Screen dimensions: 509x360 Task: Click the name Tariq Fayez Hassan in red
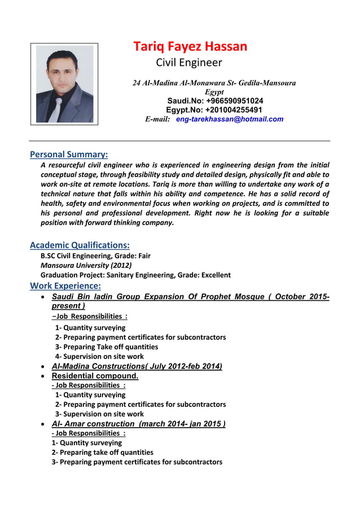coord(190,46)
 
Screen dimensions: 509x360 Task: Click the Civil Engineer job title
coord(189,63)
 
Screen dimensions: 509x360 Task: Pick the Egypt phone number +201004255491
coord(214,109)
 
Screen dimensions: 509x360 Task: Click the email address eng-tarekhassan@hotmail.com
coord(230,119)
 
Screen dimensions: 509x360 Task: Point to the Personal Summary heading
coord(69,154)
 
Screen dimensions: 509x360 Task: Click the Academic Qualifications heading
coord(80,245)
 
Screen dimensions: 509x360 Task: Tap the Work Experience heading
coord(65,286)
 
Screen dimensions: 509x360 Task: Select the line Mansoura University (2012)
coord(86,265)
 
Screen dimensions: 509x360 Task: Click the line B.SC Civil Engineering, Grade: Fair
coord(95,256)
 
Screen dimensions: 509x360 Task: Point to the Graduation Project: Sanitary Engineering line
coord(135,275)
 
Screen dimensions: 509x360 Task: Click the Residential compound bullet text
coord(95,376)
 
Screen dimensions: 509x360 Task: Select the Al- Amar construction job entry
coord(139,424)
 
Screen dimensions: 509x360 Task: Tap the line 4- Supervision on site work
coord(99,357)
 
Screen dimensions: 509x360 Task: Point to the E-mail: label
coord(157,119)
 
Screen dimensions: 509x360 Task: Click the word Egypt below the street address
coord(214,91)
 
